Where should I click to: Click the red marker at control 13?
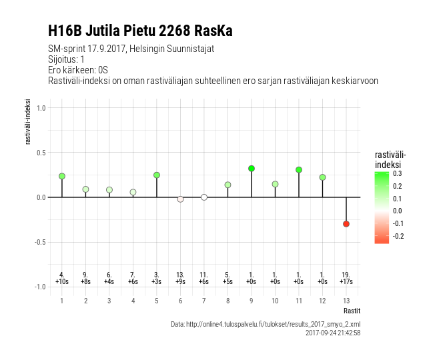click(x=346, y=224)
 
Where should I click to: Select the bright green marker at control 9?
click(x=252, y=169)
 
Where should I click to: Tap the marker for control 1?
click(x=62, y=176)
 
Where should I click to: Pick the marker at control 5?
click(x=157, y=175)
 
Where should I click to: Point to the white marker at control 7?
click(x=204, y=197)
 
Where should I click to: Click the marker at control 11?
click(x=299, y=170)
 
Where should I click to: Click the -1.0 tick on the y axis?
click(x=40, y=287)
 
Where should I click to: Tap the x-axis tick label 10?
click(x=275, y=301)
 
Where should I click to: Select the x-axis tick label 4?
click(x=133, y=301)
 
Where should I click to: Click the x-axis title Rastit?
click(x=352, y=311)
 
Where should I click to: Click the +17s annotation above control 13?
click(x=346, y=282)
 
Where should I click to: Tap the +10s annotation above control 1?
click(x=62, y=282)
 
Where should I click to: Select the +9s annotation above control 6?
click(x=180, y=282)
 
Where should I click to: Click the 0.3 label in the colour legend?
click(x=398, y=174)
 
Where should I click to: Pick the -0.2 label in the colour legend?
click(x=398, y=236)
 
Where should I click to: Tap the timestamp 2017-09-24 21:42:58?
click(x=333, y=333)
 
